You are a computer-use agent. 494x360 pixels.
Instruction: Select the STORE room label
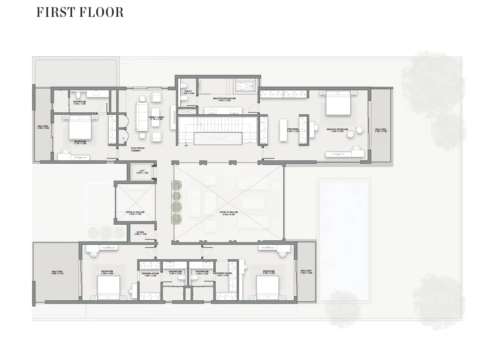click(x=140, y=233)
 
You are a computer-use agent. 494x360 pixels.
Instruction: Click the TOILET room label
click(x=188, y=93)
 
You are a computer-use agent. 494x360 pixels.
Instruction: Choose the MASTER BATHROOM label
click(x=224, y=99)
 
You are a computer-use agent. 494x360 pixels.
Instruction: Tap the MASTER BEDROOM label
click(x=337, y=130)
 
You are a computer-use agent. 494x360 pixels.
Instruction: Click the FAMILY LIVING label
click(x=156, y=118)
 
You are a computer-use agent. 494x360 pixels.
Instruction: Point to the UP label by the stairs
click(x=186, y=145)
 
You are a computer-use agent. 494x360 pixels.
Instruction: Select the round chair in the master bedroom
click(x=359, y=130)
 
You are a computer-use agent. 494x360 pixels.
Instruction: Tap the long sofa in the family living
click(x=142, y=116)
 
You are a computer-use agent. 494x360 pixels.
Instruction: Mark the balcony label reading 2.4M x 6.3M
click(x=381, y=130)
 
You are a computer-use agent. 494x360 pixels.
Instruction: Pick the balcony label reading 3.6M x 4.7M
click(x=57, y=272)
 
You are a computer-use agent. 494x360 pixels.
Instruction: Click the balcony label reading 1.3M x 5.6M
click(x=43, y=127)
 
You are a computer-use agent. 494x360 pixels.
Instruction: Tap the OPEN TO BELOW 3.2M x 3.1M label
click(x=135, y=213)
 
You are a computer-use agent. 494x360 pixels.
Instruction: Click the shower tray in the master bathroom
click(x=245, y=86)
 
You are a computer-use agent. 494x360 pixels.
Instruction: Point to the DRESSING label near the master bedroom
click(x=293, y=130)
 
